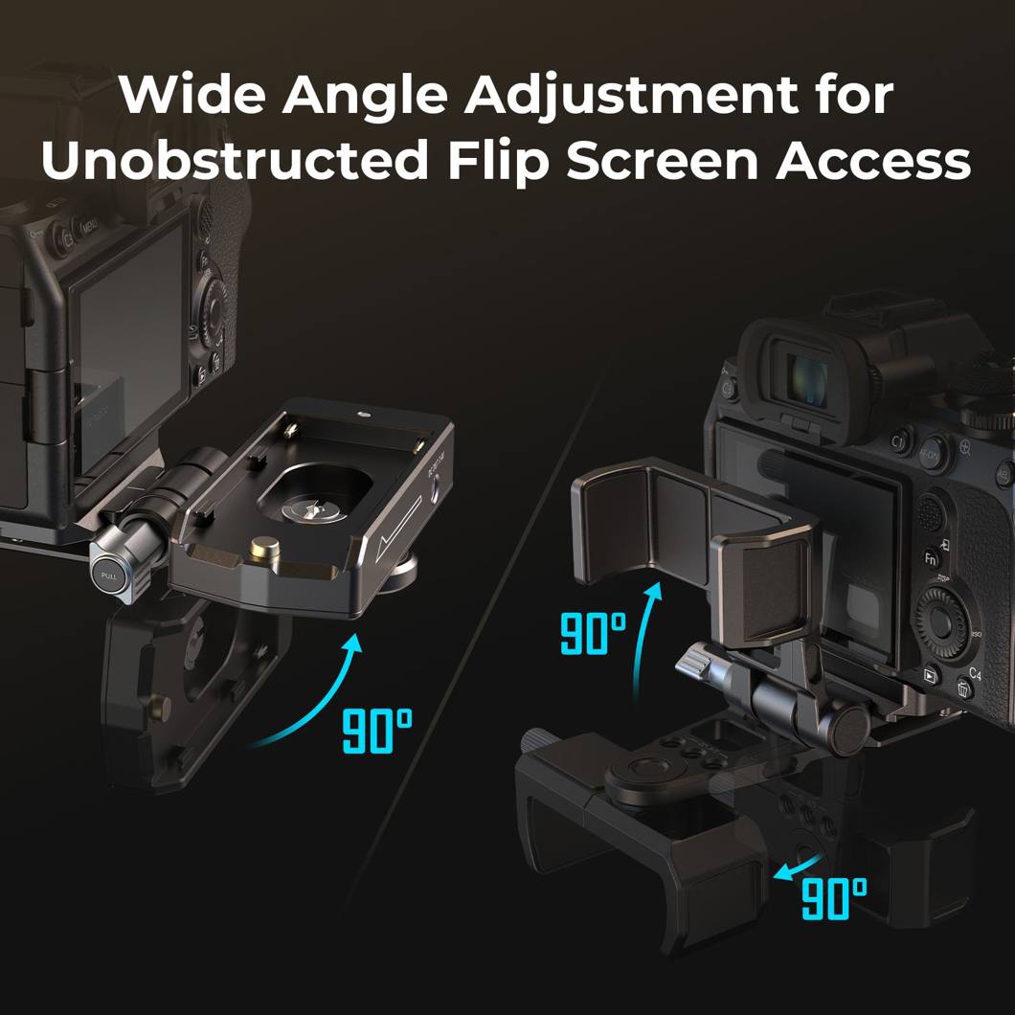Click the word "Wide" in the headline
192,95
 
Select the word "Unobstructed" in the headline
235,160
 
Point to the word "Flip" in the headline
498,163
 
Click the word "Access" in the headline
874,161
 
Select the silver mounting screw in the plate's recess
314,509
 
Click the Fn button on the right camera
930,557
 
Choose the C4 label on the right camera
976,675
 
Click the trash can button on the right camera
964,689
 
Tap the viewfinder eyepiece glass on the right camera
806,381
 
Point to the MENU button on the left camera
89,227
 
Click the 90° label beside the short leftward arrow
834,899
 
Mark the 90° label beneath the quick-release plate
377,731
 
